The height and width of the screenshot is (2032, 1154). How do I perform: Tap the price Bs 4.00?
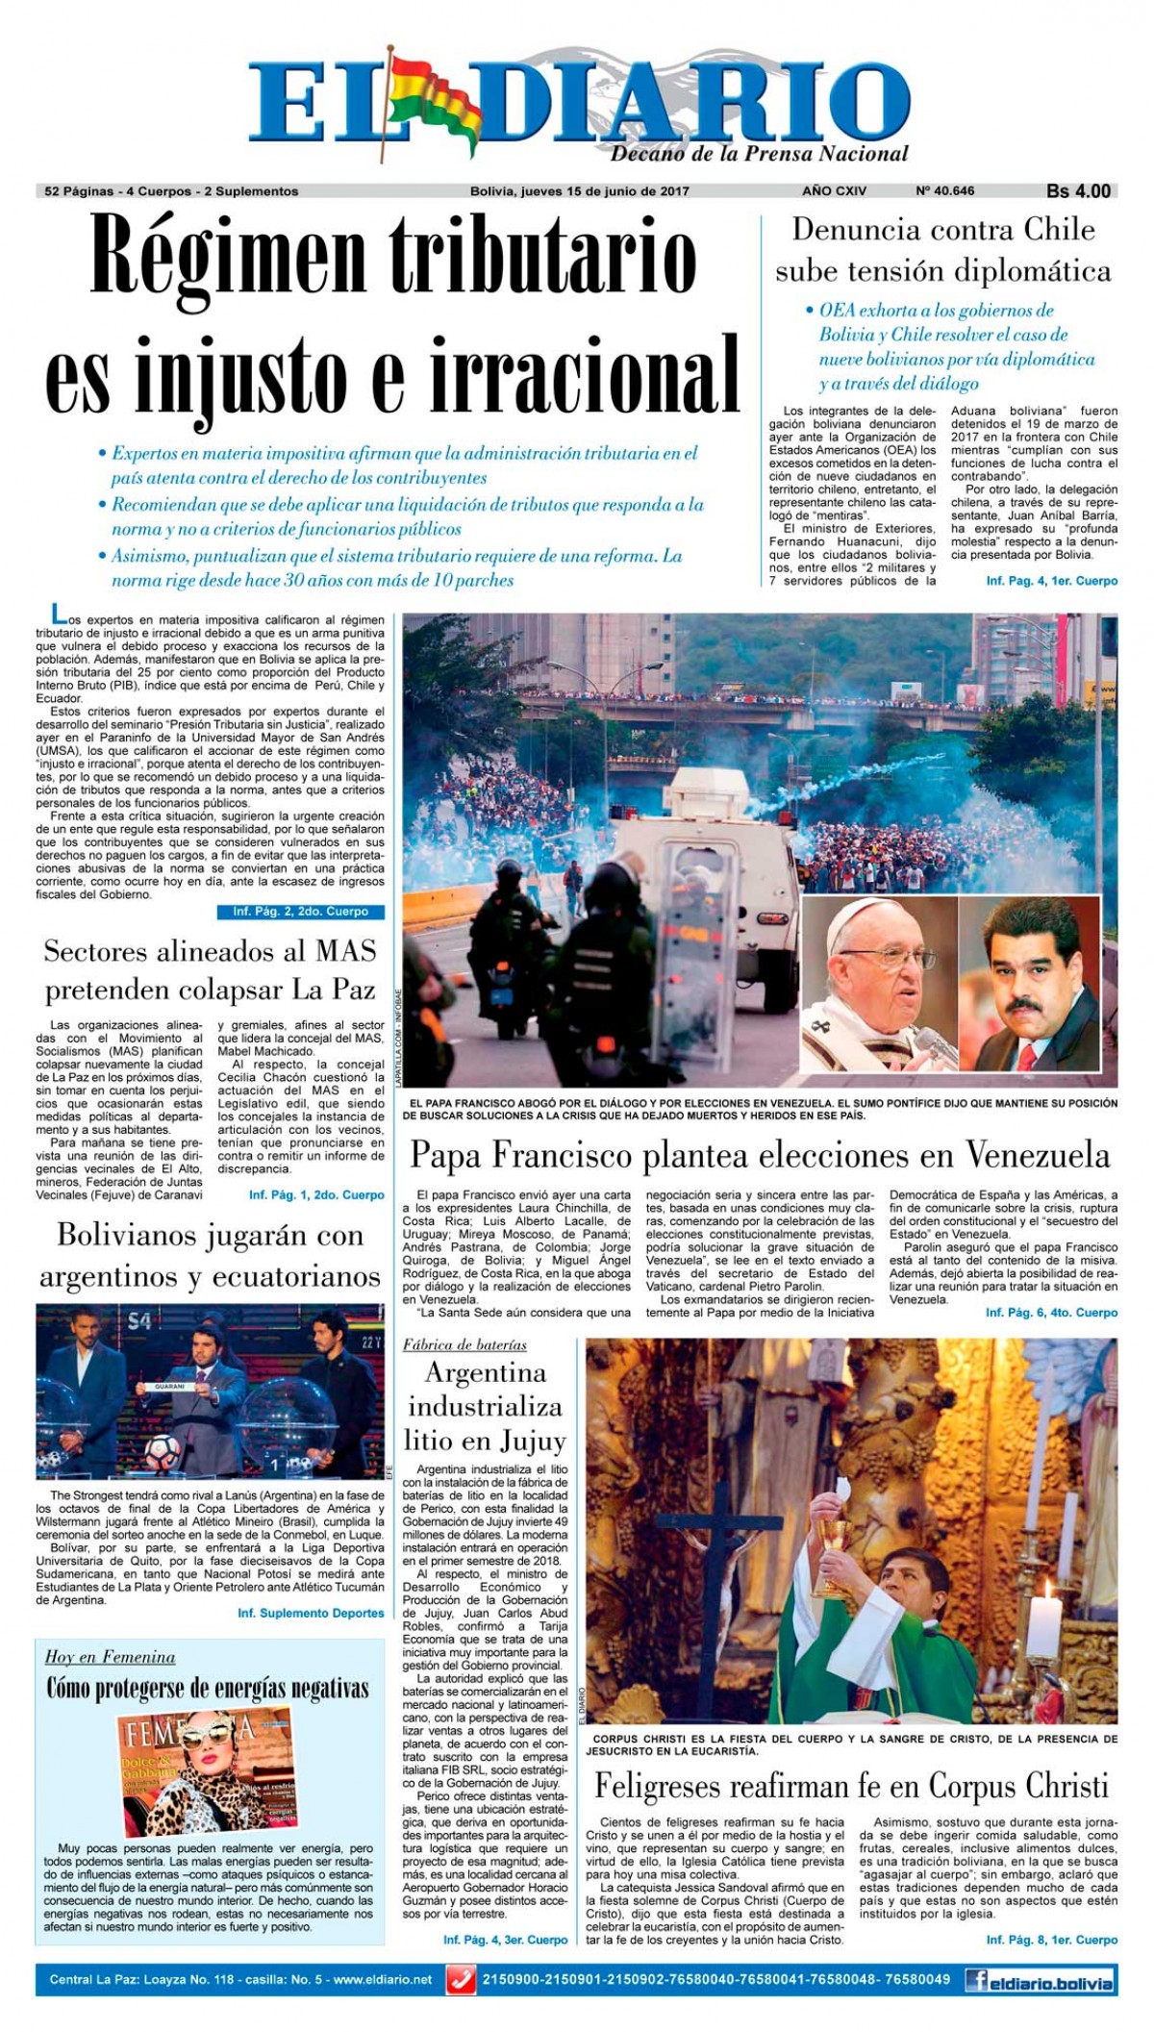coord(1078,190)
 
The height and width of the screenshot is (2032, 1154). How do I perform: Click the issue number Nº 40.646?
coord(944,190)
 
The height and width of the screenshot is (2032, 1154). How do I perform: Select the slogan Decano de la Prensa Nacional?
coord(759,154)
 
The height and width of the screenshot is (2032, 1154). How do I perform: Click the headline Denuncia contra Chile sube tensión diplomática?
coord(942,250)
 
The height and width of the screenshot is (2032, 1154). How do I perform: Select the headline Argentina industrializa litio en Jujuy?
coord(485,1406)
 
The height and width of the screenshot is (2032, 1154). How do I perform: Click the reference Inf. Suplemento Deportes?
coord(311,1613)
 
